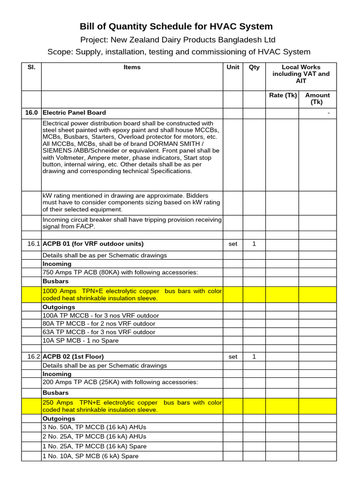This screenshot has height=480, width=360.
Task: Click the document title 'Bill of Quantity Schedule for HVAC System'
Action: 176,26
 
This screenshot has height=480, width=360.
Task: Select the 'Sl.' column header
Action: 31,67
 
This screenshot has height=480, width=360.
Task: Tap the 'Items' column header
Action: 132,67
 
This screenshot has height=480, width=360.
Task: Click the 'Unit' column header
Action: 233,67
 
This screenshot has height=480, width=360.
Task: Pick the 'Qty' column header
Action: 254,67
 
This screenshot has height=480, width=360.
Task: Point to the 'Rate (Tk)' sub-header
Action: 283,95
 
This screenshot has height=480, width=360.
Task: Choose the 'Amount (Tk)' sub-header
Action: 317,98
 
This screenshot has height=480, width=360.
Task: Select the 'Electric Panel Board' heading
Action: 74,113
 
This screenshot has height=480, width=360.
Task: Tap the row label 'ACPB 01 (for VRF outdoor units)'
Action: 93,244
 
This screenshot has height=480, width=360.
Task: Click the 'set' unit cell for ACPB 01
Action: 233,244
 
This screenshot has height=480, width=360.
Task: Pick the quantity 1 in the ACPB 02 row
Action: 254,357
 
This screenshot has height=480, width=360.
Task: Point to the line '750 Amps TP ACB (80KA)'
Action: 120,273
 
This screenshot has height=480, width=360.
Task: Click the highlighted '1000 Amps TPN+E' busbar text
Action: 132,295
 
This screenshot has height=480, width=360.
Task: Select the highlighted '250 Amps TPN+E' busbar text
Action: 132,406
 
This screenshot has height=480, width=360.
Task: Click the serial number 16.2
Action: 34,357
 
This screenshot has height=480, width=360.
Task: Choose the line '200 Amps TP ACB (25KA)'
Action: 120,382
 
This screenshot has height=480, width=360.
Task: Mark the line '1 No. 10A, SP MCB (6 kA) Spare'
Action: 90,456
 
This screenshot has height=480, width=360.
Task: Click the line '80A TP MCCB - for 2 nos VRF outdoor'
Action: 98,324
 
